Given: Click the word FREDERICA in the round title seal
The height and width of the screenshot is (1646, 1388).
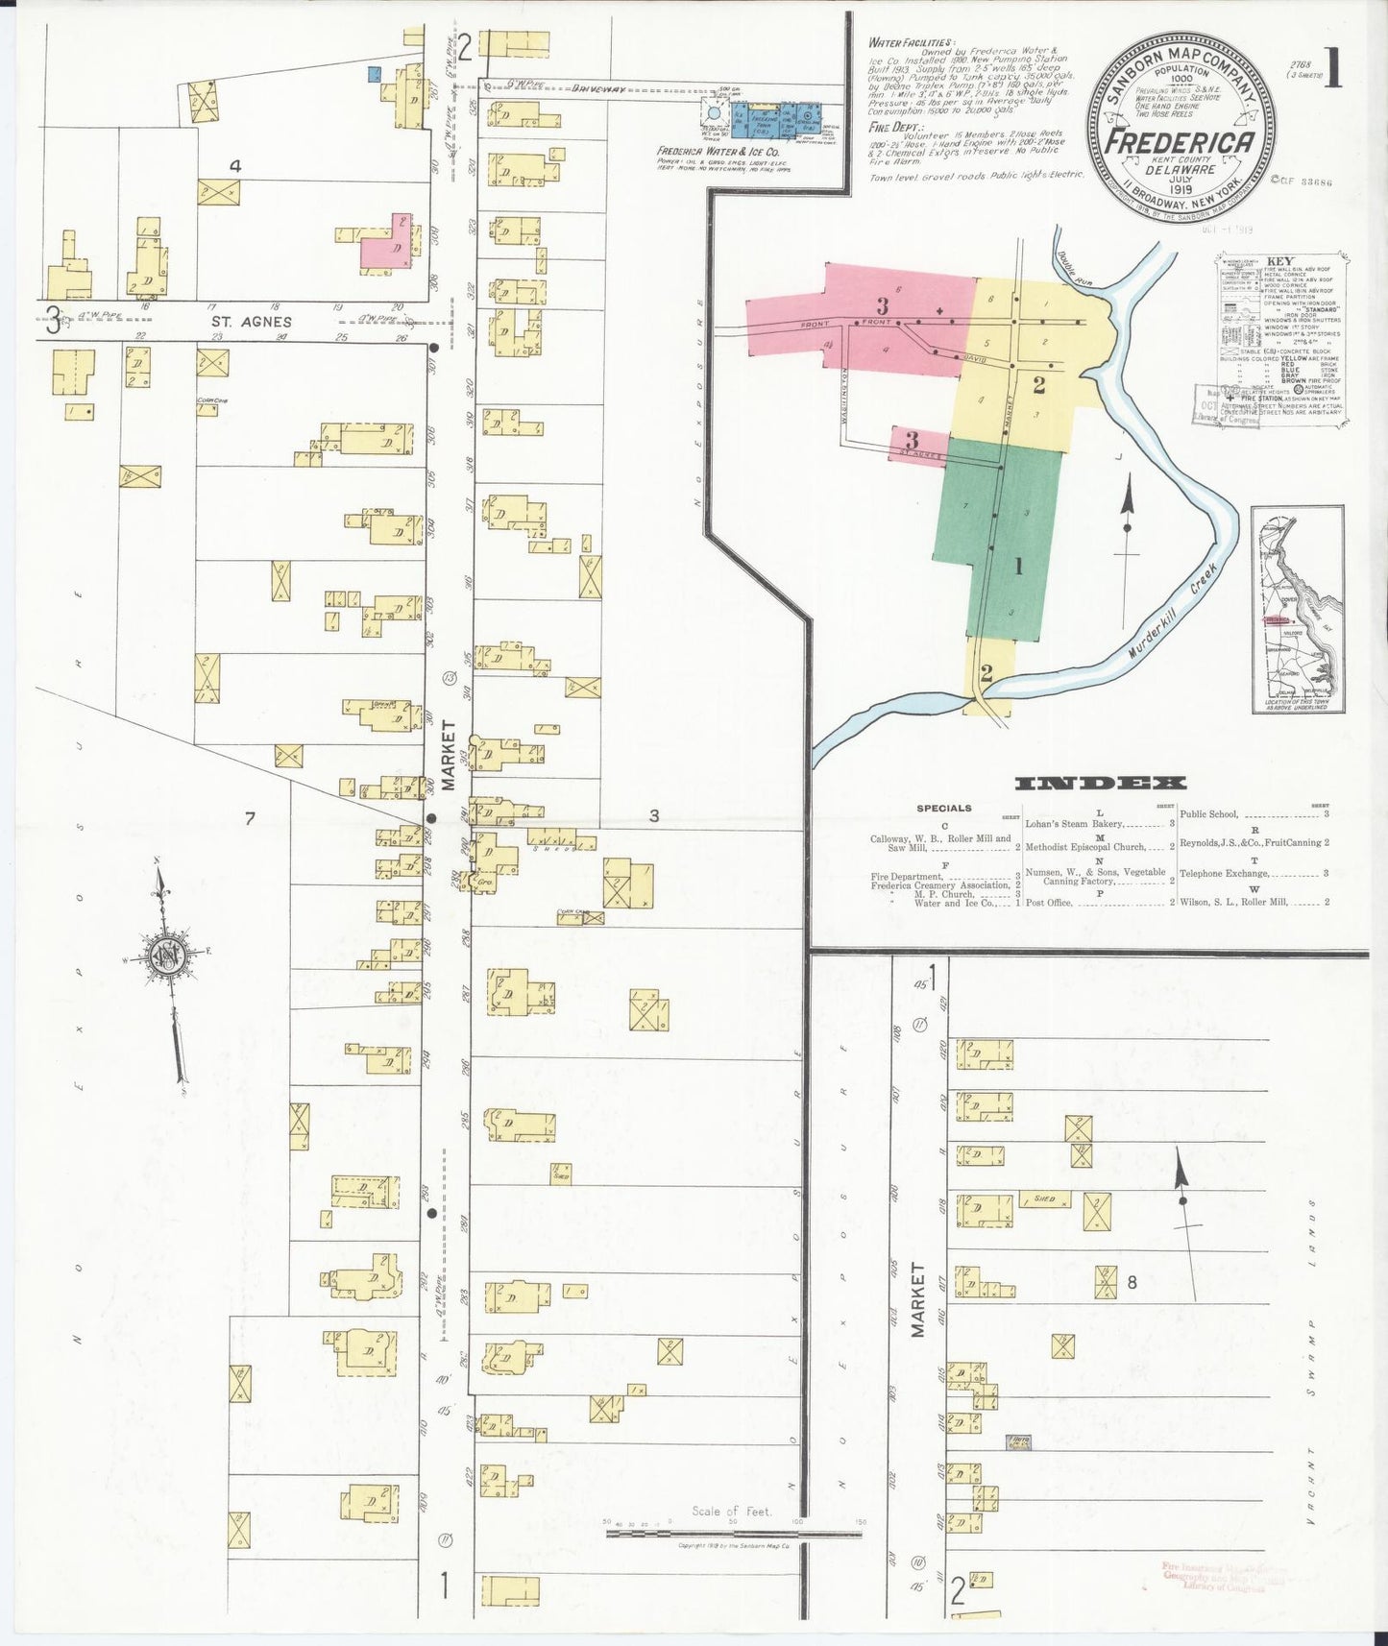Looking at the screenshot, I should tap(1181, 141).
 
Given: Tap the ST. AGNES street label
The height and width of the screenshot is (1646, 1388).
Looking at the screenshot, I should tap(253, 322).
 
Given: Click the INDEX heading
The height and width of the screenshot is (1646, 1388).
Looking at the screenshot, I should tap(1100, 783).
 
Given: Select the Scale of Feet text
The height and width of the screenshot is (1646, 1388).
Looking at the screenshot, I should tap(732, 1511).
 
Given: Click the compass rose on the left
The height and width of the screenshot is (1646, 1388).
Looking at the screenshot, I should tap(164, 956).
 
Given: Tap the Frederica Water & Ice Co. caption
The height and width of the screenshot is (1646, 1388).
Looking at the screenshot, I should tap(718, 152).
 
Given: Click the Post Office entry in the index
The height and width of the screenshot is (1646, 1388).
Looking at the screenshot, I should tap(1049, 903).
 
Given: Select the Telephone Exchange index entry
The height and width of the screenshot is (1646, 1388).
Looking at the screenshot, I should tap(1225, 873).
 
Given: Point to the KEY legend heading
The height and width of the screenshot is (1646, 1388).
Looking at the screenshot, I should tap(1279, 260).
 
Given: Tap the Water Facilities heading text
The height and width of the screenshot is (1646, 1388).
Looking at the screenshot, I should tap(910, 43).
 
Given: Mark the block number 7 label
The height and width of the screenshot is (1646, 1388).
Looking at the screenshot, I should tap(250, 818).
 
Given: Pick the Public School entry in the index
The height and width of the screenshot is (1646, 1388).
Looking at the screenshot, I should tap(1208, 814).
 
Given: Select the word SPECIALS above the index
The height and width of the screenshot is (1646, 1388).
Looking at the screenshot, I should tap(943, 808).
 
